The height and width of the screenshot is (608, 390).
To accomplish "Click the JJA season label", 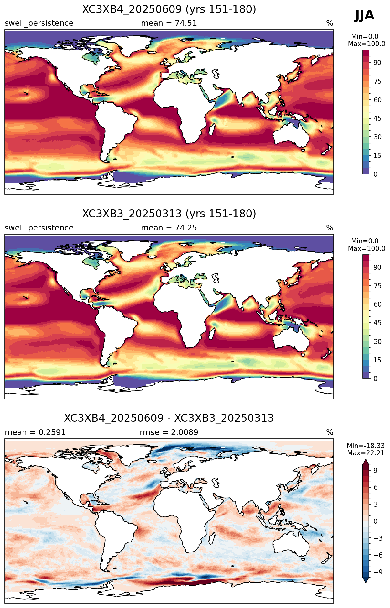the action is click(x=364, y=15).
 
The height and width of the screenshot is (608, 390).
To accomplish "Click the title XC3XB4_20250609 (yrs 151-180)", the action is click(x=169, y=9).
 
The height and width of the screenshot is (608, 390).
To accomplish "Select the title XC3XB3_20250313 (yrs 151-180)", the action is click(x=169, y=214).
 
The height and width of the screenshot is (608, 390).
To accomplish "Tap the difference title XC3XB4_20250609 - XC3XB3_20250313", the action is click(x=169, y=418).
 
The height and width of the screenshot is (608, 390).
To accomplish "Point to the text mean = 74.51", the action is click(x=169, y=23).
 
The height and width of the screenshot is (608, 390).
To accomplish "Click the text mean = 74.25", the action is click(x=169, y=228).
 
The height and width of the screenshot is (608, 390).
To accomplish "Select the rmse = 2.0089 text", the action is click(x=169, y=432).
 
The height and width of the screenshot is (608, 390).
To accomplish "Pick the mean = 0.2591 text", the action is click(x=35, y=432).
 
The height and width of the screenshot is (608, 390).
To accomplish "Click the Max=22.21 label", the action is click(x=366, y=453).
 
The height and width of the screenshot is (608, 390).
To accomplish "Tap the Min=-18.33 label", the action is click(x=366, y=446).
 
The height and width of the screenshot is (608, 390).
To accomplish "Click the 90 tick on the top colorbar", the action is click(x=377, y=63).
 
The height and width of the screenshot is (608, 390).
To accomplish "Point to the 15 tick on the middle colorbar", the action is click(x=377, y=360).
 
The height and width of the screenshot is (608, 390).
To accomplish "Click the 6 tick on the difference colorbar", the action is click(x=376, y=488).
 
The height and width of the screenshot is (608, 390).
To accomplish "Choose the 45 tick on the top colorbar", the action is click(x=377, y=119).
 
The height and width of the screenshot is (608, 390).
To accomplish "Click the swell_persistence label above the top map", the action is click(x=39, y=24).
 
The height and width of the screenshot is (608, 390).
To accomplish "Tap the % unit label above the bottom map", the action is click(x=330, y=432).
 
